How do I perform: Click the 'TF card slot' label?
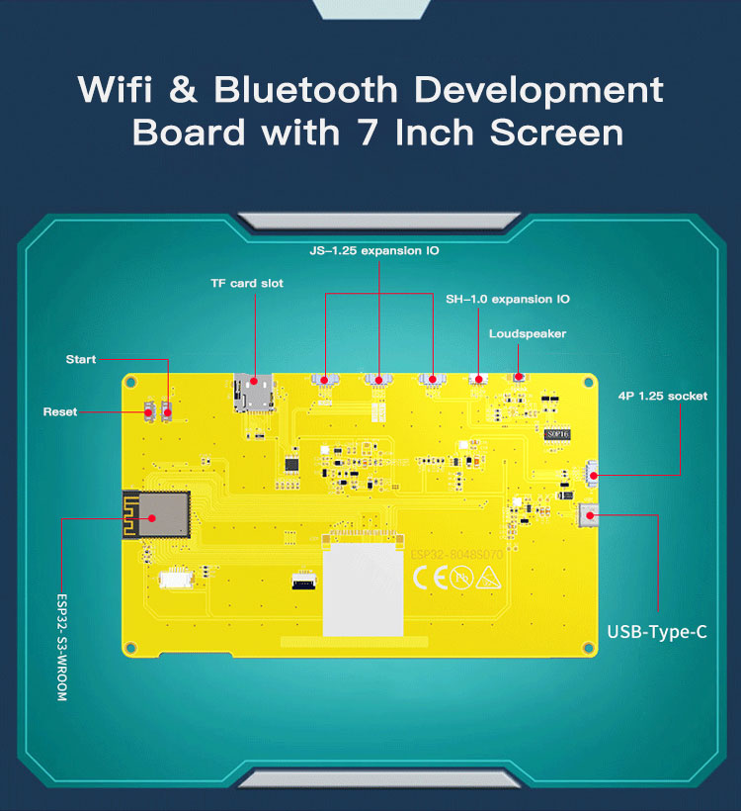tap(246, 283)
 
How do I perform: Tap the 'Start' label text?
tap(81, 359)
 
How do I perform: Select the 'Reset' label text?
tap(60, 411)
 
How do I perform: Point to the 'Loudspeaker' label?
tap(528, 333)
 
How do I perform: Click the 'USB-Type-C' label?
tap(657, 632)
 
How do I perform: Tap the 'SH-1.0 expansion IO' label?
tap(507, 299)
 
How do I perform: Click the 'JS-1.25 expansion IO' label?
tap(373, 251)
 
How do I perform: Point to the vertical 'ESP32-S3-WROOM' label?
tap(61, 648)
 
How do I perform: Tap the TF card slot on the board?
tap(253, 393)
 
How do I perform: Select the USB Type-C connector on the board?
tap(590, 515)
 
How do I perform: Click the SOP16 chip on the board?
tap(557, 433)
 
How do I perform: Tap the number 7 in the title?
tap(368, 132)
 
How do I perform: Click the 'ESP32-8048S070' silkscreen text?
tap(456, 555)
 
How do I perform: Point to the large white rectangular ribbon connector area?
tap(364, 589)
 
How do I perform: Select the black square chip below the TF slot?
tap(290, 463)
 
